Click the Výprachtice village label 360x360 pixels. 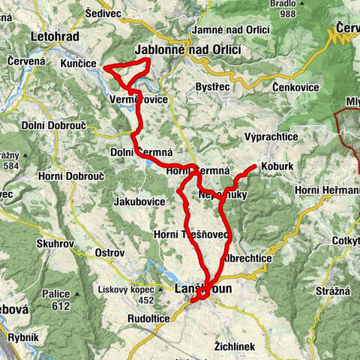click(x=271, y=137)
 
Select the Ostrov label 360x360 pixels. click(x=109, y=253)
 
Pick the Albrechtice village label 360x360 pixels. click(x=247, y=257)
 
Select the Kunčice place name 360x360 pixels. click(x=77, y=64)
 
